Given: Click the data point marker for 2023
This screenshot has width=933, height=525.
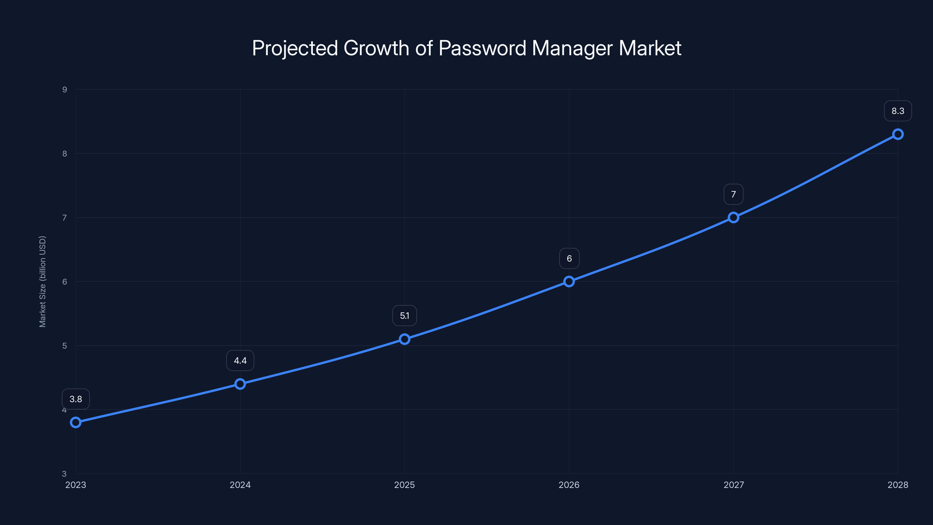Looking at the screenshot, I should point(76,422).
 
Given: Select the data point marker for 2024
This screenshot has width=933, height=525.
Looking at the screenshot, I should point(240,384).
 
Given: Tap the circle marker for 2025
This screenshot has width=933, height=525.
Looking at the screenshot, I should point(405,339).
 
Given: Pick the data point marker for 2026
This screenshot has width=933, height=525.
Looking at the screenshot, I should point(569,281).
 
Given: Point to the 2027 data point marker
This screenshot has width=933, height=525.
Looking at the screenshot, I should point(734,217).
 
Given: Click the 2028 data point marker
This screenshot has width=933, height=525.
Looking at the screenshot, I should point(898,134).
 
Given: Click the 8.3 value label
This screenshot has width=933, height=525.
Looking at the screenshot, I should point(898,111).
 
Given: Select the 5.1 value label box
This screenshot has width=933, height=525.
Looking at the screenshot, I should point(405,316).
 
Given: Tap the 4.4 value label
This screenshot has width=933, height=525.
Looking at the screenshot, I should point(240,360).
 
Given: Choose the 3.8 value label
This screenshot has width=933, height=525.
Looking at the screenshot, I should point(76,399).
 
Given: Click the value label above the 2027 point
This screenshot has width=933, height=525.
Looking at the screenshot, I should point(734,194).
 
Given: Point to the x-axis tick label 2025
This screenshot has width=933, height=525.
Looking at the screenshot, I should point(405,485).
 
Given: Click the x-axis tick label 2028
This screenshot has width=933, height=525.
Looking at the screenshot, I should point(898,485).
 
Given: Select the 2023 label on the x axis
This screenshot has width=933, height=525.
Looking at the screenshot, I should point(76,485).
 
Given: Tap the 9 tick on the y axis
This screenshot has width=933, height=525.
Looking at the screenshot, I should point(65,90).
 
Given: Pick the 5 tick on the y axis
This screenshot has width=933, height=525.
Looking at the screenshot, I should point(65,346).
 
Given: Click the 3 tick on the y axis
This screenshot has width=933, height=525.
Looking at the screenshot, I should point(64,474).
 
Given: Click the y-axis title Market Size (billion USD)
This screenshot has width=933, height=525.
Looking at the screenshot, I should point(42,281).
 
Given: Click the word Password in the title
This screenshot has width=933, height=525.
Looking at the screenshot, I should point(482,48).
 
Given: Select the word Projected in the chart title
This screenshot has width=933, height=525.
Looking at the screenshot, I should point(295,48).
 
